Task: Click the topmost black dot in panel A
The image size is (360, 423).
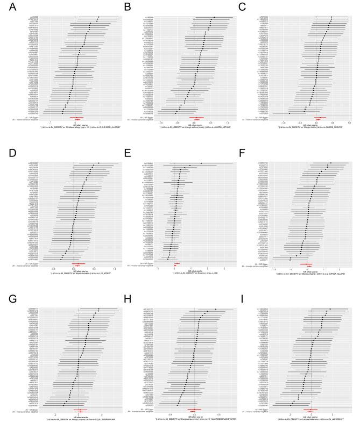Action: (x=98, y=17)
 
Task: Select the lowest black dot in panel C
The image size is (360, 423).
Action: (x=290, y=113)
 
